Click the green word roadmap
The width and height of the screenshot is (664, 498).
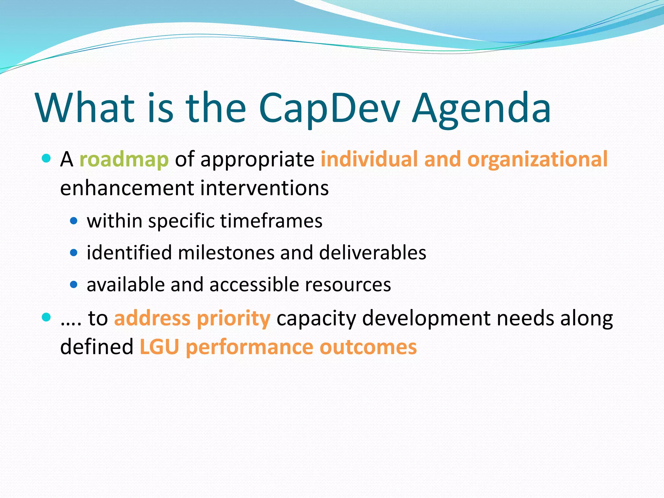tap(124, 160)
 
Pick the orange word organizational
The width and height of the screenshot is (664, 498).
tap(537, 160)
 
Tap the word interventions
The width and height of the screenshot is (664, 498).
tap(264, 188)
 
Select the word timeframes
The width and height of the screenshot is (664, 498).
tap(271, 221)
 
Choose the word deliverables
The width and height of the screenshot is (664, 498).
tap(373, 253)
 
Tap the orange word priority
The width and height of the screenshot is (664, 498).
tap(233, 318)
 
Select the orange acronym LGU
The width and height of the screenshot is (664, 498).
tap(159, 347)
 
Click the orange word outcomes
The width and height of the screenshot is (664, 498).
tap(368, 347)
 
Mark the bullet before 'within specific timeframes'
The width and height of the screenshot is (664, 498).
tap(74, 221)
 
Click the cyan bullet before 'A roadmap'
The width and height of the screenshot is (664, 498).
tap(46, 159)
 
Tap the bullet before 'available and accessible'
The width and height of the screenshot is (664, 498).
tap(74, 285)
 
